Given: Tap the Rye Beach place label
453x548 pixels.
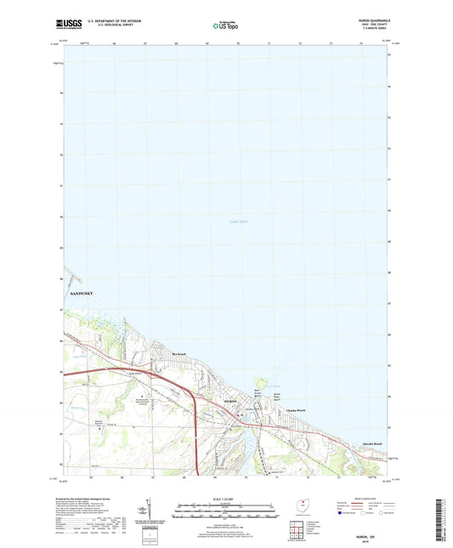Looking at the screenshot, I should pos(178,354).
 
